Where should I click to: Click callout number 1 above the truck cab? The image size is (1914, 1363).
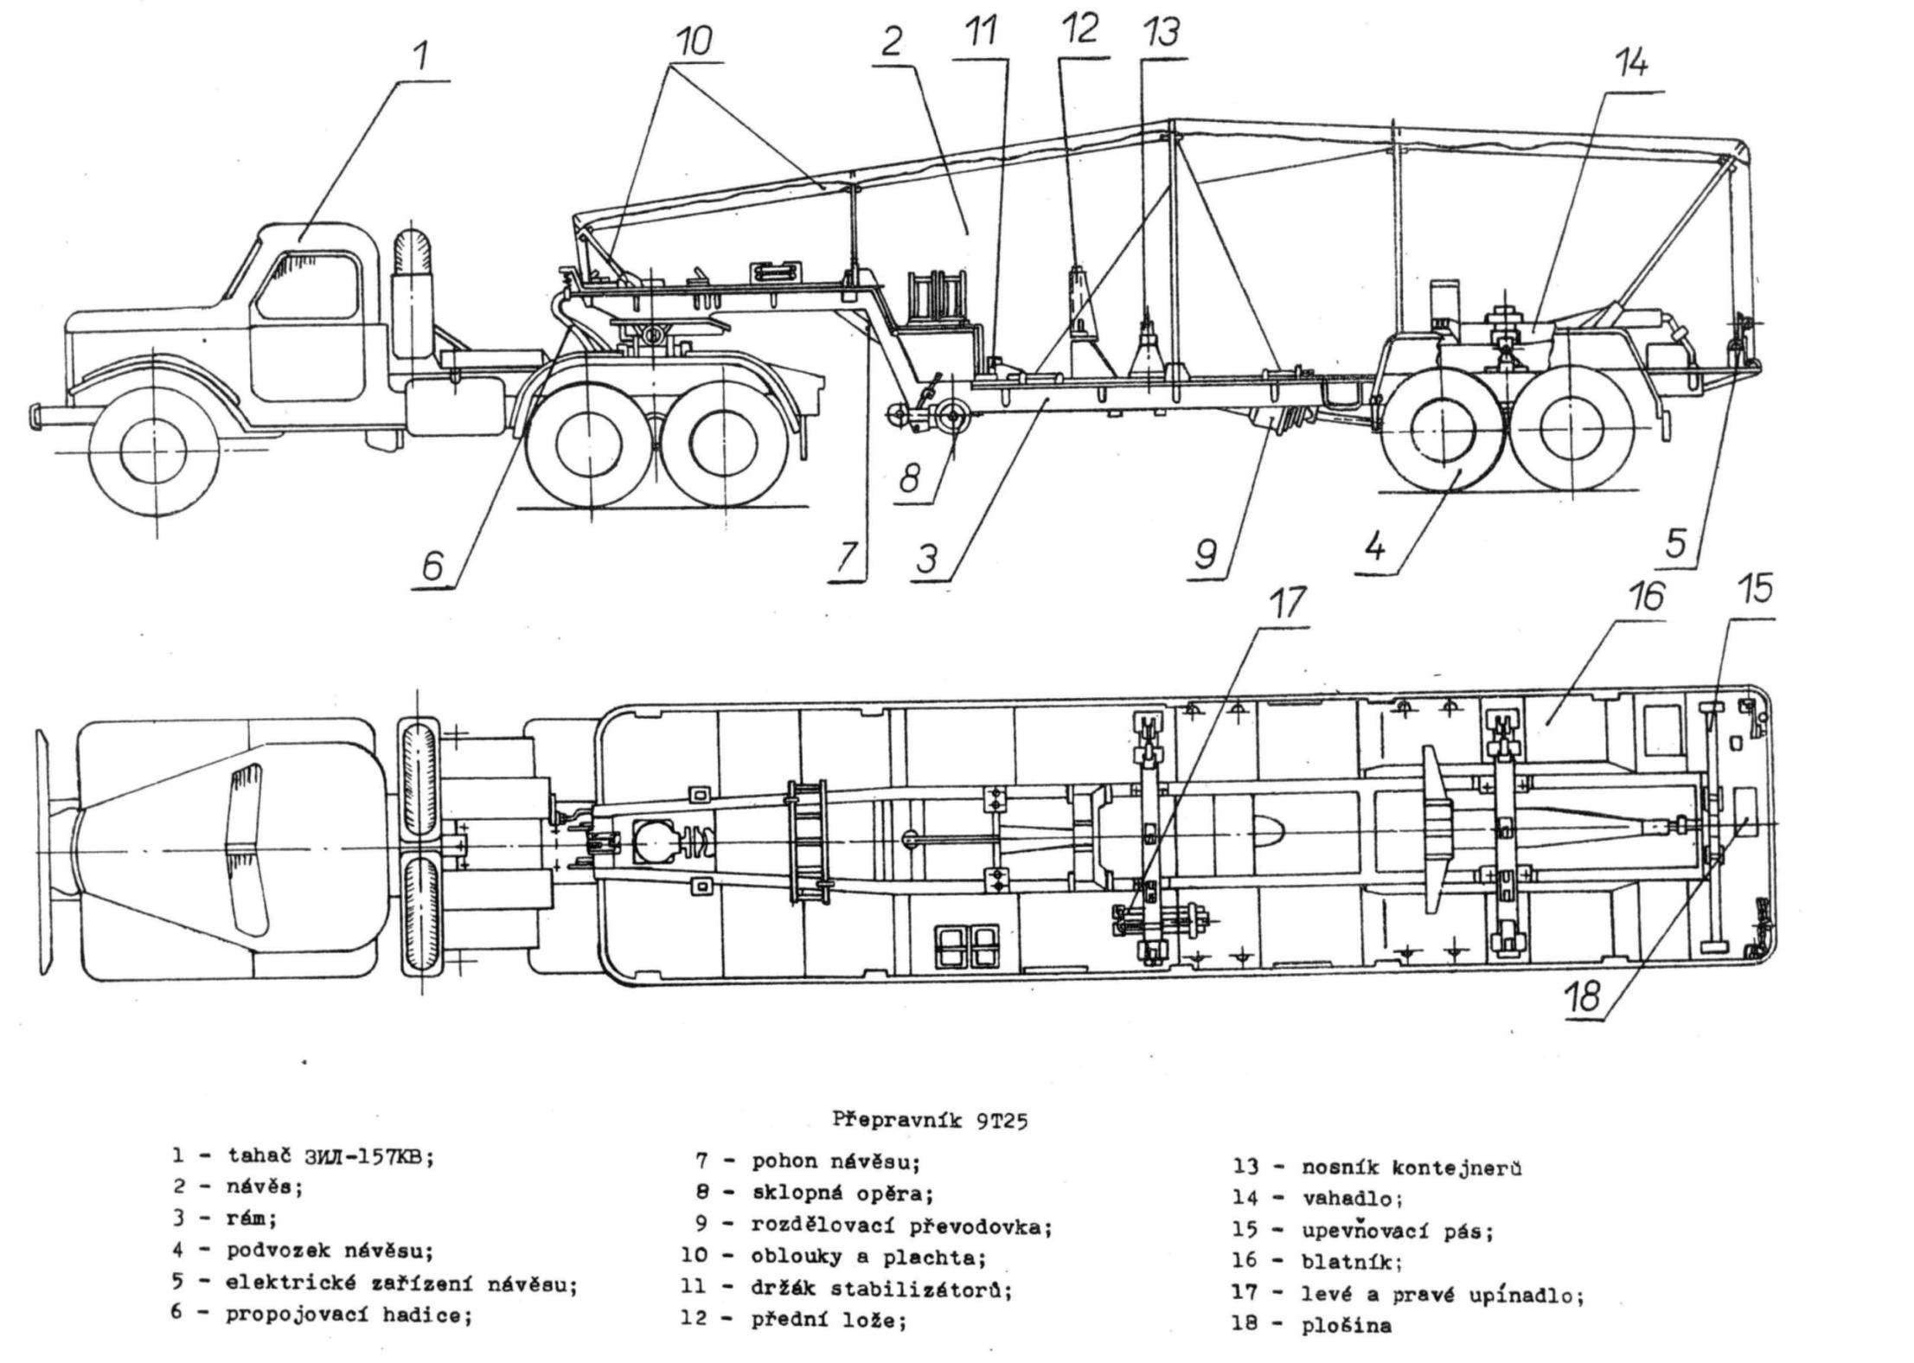tap(420, 56)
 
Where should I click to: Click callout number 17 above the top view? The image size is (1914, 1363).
tap(1288, 604)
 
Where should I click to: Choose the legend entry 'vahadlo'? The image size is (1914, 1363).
tap(1351, 1199)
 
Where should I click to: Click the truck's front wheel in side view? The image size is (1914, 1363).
tap(154, 455)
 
